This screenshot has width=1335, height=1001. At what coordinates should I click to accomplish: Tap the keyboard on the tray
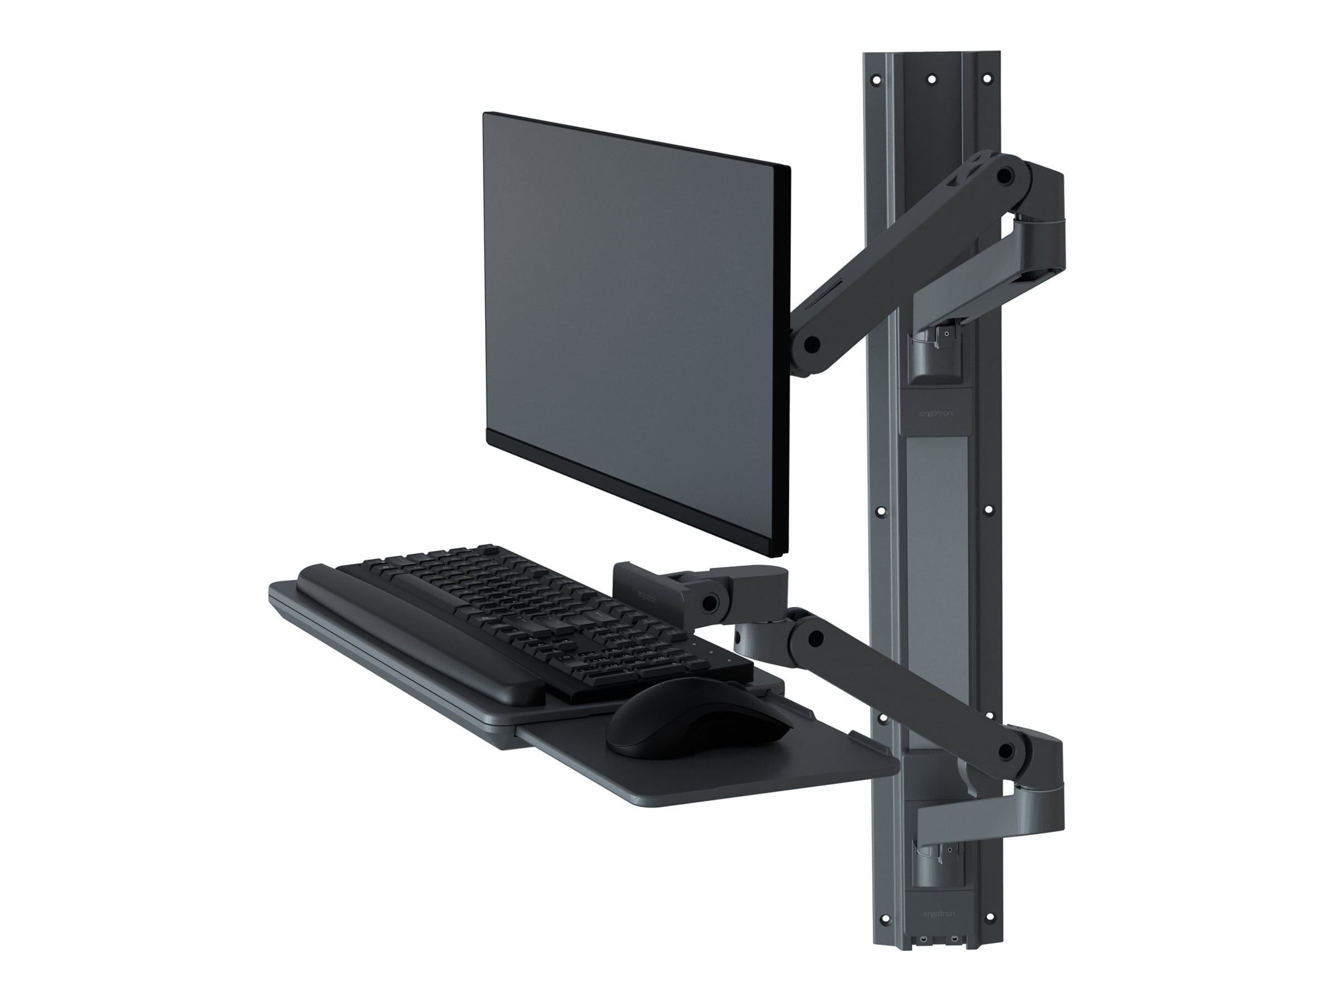coord(543,622)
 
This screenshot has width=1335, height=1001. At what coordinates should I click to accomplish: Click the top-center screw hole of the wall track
coord(932,79)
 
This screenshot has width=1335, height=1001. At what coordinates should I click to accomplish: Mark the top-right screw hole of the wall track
coord(988,79)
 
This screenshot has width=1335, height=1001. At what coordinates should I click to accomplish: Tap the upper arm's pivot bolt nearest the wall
coord(1005,176)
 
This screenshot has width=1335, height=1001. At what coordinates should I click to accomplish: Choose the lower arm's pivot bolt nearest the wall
coord(1005,751)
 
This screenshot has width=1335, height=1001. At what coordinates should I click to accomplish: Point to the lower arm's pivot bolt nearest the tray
coord(817,637)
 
